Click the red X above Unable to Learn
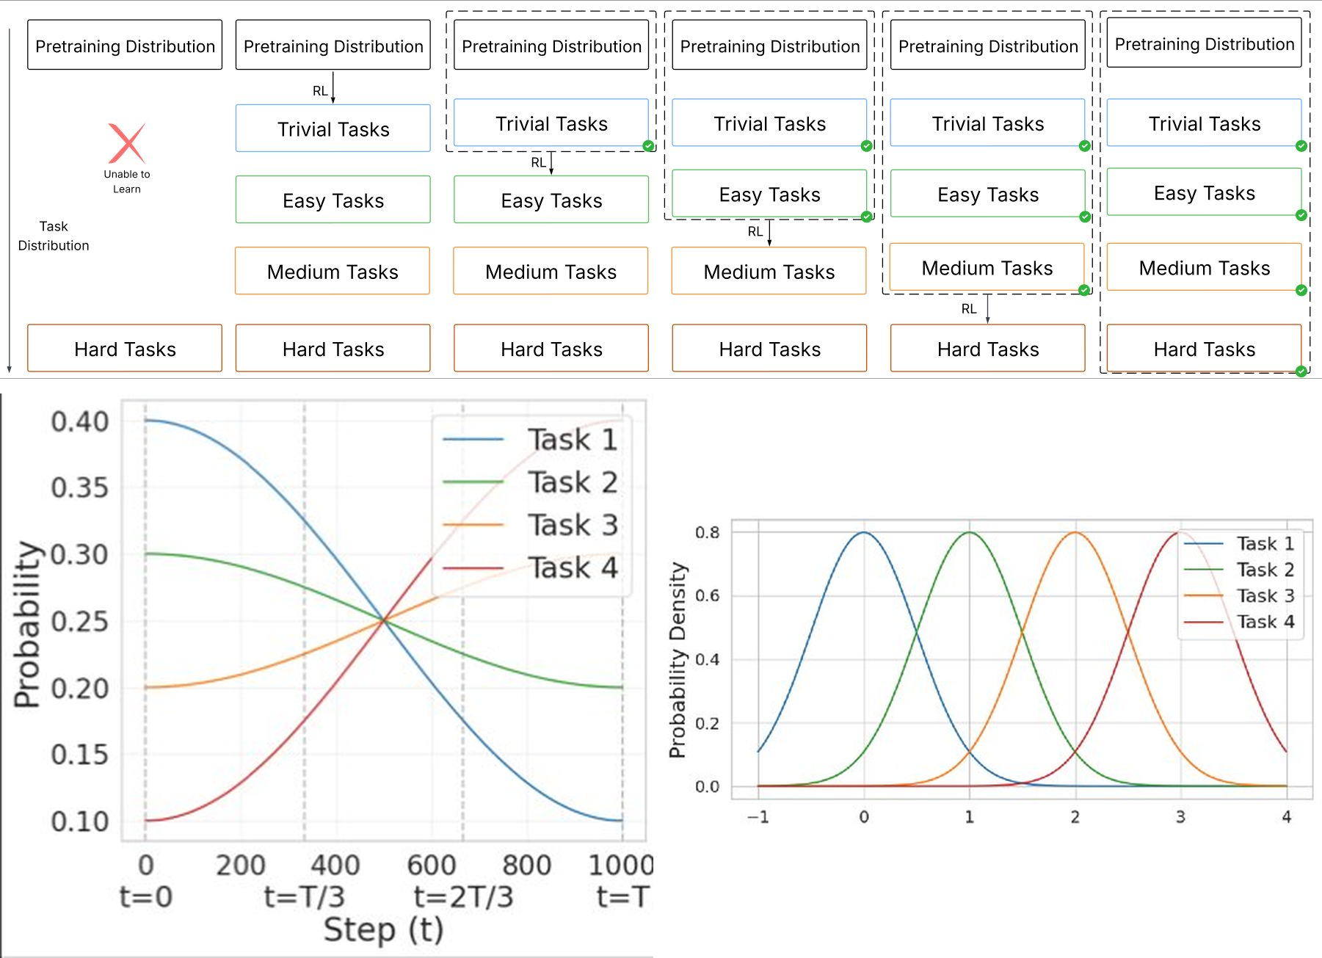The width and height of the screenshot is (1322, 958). pos(127,143)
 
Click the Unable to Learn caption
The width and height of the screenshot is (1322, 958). pos(127,181)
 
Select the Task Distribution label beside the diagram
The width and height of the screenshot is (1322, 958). pos(54,236)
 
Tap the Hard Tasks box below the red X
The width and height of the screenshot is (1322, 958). pos(125,349)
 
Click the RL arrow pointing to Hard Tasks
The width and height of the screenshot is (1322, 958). pos(987,308)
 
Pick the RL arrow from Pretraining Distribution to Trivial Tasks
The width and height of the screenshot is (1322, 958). pos(333,88)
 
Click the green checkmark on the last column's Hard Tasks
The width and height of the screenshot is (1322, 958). pos(1301,371)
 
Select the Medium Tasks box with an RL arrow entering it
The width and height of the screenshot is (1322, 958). pos(769,272)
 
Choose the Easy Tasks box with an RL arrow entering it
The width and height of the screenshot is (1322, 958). pos(551,200)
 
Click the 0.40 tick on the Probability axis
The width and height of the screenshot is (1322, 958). pos(79,421)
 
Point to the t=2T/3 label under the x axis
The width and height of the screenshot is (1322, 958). pos(463,897)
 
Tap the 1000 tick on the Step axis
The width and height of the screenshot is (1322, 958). pos(620,865)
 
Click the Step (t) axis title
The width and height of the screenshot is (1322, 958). pos(383,929)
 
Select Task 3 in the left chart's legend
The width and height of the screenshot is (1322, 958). pos(573,525)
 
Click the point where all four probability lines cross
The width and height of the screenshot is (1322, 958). pos(383,621)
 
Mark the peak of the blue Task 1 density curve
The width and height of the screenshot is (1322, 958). pos(864,532)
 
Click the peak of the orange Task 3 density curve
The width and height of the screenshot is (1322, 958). pos(1075,532)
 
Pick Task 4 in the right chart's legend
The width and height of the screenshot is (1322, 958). pos(1265,622)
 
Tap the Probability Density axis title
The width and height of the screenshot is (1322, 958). pos(678,659)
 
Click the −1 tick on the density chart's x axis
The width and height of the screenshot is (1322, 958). pos(758,817)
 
